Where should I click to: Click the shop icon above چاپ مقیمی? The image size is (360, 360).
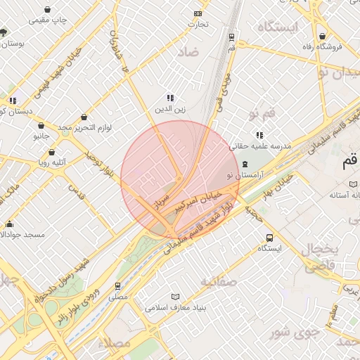pyautogui.click(x=46, y=10)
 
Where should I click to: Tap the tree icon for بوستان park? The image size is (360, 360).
pyautogui.click(x=4, y=32)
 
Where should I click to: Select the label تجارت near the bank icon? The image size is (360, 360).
pyautogui.click(x=198, y=25)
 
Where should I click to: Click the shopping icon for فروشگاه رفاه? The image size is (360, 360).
pyautogui.click(x=322, y=36)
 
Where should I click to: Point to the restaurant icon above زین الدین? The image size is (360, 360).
pyautogui.click(x=169, y=98)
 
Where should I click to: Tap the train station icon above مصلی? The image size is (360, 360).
pyautogui.click(x=117, y=286)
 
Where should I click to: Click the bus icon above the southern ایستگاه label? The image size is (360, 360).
pyautogui.click(x=269, y=238)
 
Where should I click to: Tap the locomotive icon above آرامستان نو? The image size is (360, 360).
pyautogui.click(x=244, y=163)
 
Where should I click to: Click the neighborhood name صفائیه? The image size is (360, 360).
pyautogui.click(x=220, y=282)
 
